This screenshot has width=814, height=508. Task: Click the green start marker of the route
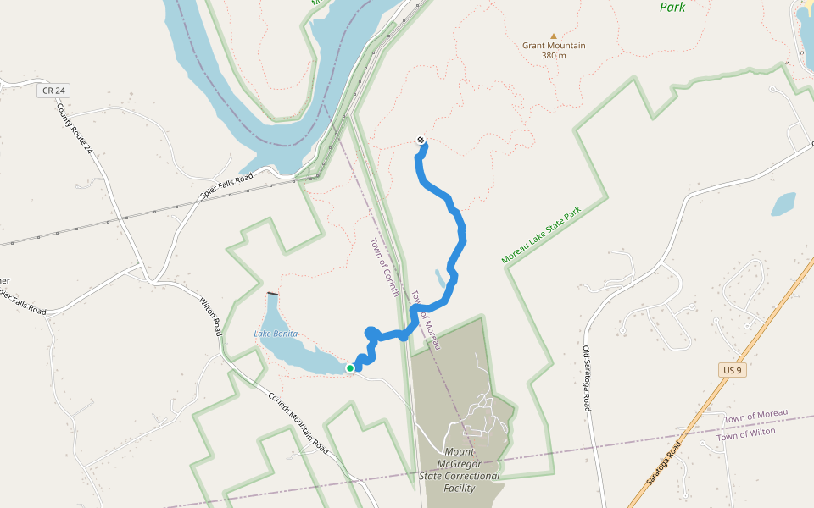(x=349, y=367)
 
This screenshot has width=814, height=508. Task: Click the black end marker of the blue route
(x=421, y=141)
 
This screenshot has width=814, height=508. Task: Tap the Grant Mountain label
(x=554, y=46)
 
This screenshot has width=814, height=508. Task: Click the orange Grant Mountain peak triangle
(x=554, y=36)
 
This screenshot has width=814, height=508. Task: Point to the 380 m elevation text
(x=554, y=56)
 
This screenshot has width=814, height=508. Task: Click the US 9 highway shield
(x=733, y=371)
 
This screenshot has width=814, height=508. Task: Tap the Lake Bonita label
(x=276, y=334)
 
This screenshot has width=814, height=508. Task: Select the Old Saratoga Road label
(x=587, y=378)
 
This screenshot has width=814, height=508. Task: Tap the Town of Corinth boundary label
(x=384, y=268)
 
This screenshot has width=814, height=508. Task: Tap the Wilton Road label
(x=210, y=315)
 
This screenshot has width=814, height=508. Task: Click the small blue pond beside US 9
(x=783, y=203)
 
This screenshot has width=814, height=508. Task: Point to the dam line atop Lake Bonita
(x=271, y=293)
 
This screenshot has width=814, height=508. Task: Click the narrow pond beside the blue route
(x=440, y=279)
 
